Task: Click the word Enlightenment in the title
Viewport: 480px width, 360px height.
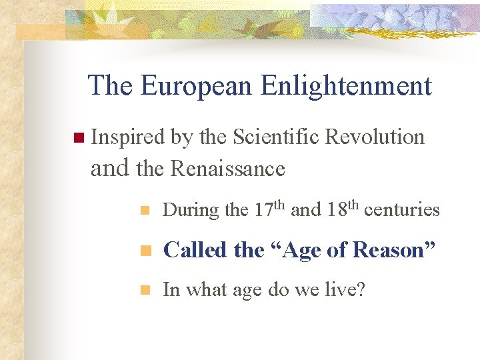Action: [347, 86]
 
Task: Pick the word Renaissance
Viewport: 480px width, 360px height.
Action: [228, 169]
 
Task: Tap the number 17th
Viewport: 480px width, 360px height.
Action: [269, 209]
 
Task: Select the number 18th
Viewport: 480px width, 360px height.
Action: [343, 209]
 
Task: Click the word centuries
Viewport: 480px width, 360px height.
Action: [402, 210]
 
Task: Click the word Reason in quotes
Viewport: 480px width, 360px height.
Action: [389, 250]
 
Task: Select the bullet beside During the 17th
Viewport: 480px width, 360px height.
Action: [144, 211]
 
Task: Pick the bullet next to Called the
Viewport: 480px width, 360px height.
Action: [144, 251]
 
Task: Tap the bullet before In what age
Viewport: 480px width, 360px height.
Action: [144, 291]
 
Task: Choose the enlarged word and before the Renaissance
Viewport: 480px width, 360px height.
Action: [111, 168]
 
